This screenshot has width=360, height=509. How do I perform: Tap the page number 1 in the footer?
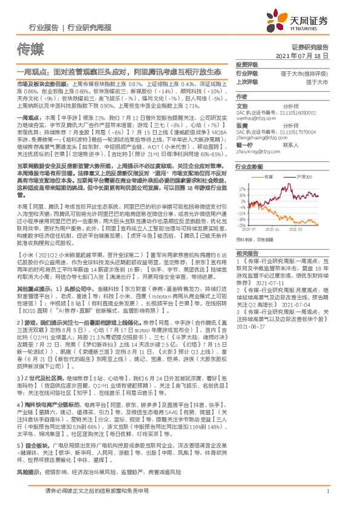327,491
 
